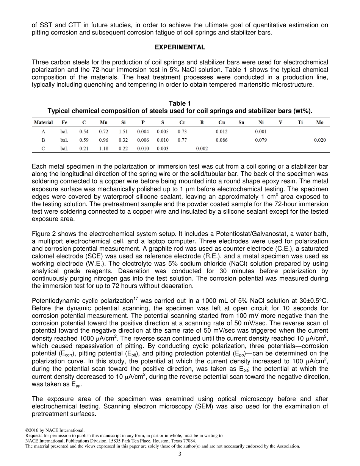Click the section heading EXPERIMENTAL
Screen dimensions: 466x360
tap(180, 47)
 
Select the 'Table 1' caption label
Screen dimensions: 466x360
tap(180, 103)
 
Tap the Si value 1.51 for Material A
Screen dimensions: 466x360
tap(123, 132)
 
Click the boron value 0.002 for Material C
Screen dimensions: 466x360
tap(202, 149)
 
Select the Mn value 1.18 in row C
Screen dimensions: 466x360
tap(103, 149)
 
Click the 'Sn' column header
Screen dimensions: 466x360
tap(241, 122)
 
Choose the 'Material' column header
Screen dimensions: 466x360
tap(43, 122)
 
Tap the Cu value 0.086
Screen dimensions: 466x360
tap(221, 140)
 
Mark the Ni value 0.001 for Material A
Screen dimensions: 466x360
tap(261, 132)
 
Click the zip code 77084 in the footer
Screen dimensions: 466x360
tap(190, 441)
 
